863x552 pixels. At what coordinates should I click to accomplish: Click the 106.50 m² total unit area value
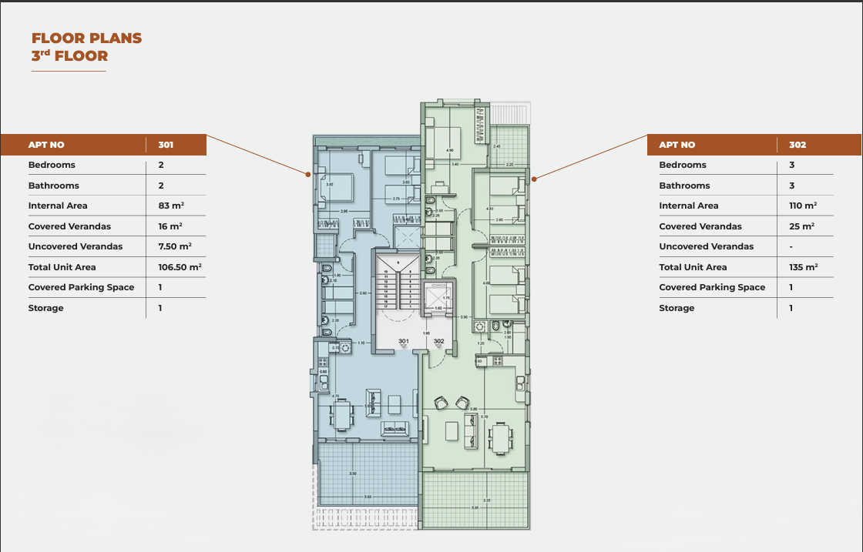tap(174, 267)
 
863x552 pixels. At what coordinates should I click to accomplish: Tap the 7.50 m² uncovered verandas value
tap(174, 246)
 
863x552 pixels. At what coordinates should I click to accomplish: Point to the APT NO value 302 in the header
tap(798, 145)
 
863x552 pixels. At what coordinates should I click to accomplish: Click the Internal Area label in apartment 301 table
tap(58, 206)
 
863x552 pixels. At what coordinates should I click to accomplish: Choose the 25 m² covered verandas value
tap(801, 226)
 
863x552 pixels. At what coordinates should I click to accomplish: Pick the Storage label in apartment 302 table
tap(677, 308)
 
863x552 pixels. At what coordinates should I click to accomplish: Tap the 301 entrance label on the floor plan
tap(404, 341)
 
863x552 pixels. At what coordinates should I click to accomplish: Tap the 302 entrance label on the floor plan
tap(438, 341)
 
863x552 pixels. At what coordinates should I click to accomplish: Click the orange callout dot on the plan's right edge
tap(533, 178)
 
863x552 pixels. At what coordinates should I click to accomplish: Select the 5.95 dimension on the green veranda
tap(475, 507)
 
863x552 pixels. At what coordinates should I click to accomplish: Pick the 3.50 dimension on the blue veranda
tap(352, 473)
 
